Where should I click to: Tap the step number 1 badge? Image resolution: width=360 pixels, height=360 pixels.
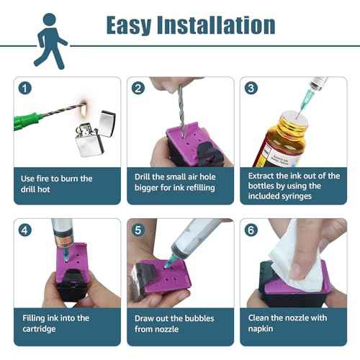pos(25,89)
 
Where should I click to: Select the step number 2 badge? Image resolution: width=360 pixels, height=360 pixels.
pos(138,89)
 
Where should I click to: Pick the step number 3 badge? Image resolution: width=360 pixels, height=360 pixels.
pos(251,89)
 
